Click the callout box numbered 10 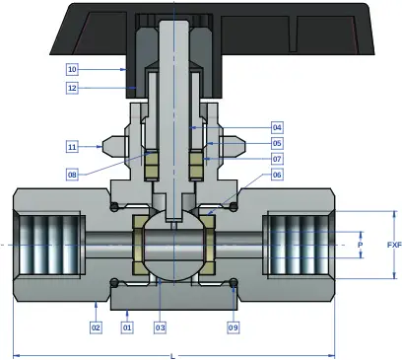tap(72, 69)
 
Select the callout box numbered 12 tap(72, 88)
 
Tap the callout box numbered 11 tap(72, 147)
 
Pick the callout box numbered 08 tap(72, 175)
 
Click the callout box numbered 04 tap(277, 127)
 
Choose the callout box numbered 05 tap(277, 143)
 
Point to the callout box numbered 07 tap(277, 159)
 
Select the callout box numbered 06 tap(277, 175)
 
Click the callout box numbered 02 tap(96, 327)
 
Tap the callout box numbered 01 tap(127, 327)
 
